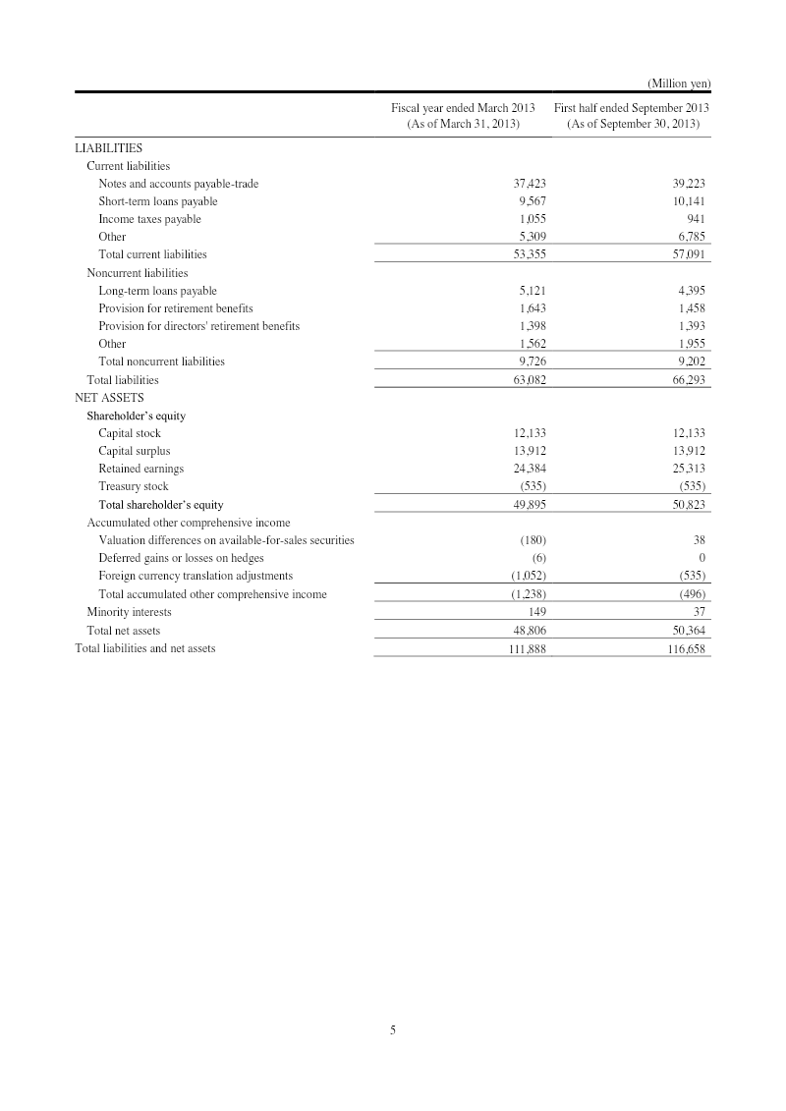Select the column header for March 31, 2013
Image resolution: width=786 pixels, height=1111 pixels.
tap(462, 115)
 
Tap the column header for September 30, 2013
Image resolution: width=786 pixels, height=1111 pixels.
tap(632, 115)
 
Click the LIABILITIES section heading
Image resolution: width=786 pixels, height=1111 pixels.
tap(109, 148)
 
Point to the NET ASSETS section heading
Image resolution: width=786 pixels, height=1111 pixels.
tap(109, 398)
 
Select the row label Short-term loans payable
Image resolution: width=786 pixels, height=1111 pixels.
tap(158, 201)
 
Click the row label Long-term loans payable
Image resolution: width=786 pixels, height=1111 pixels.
tap(158, 291)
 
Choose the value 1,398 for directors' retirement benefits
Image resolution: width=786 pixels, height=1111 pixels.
tap(532, 326)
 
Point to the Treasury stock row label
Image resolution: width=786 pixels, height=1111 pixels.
tap(134, 486)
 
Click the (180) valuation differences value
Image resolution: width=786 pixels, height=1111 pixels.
tap(533, 540)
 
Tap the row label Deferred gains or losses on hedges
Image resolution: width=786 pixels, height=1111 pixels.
tap(181, 558)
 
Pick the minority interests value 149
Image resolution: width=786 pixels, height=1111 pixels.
tap(536, 612)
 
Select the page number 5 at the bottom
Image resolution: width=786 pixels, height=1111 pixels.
tap(393, 1029)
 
